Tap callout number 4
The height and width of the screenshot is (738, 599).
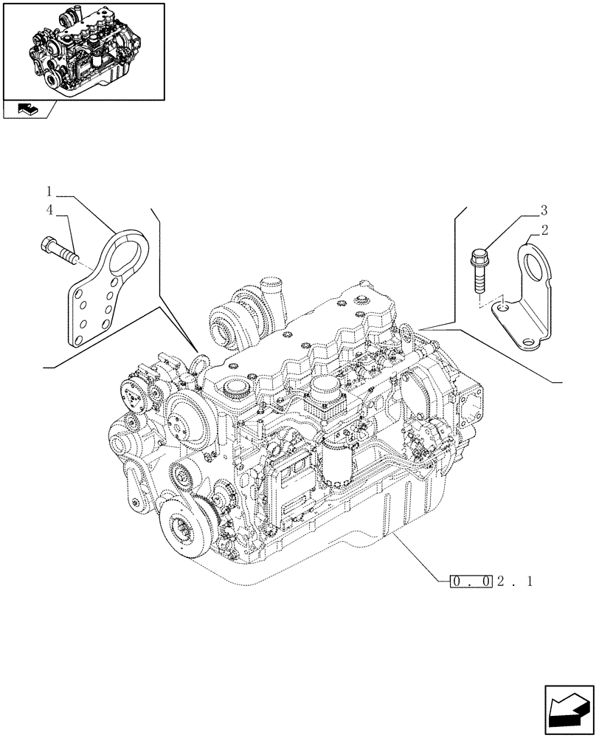tap(49, 211)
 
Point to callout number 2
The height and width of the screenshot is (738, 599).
tap(544, 231)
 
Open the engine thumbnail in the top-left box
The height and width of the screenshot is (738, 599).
tap(83, 51)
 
